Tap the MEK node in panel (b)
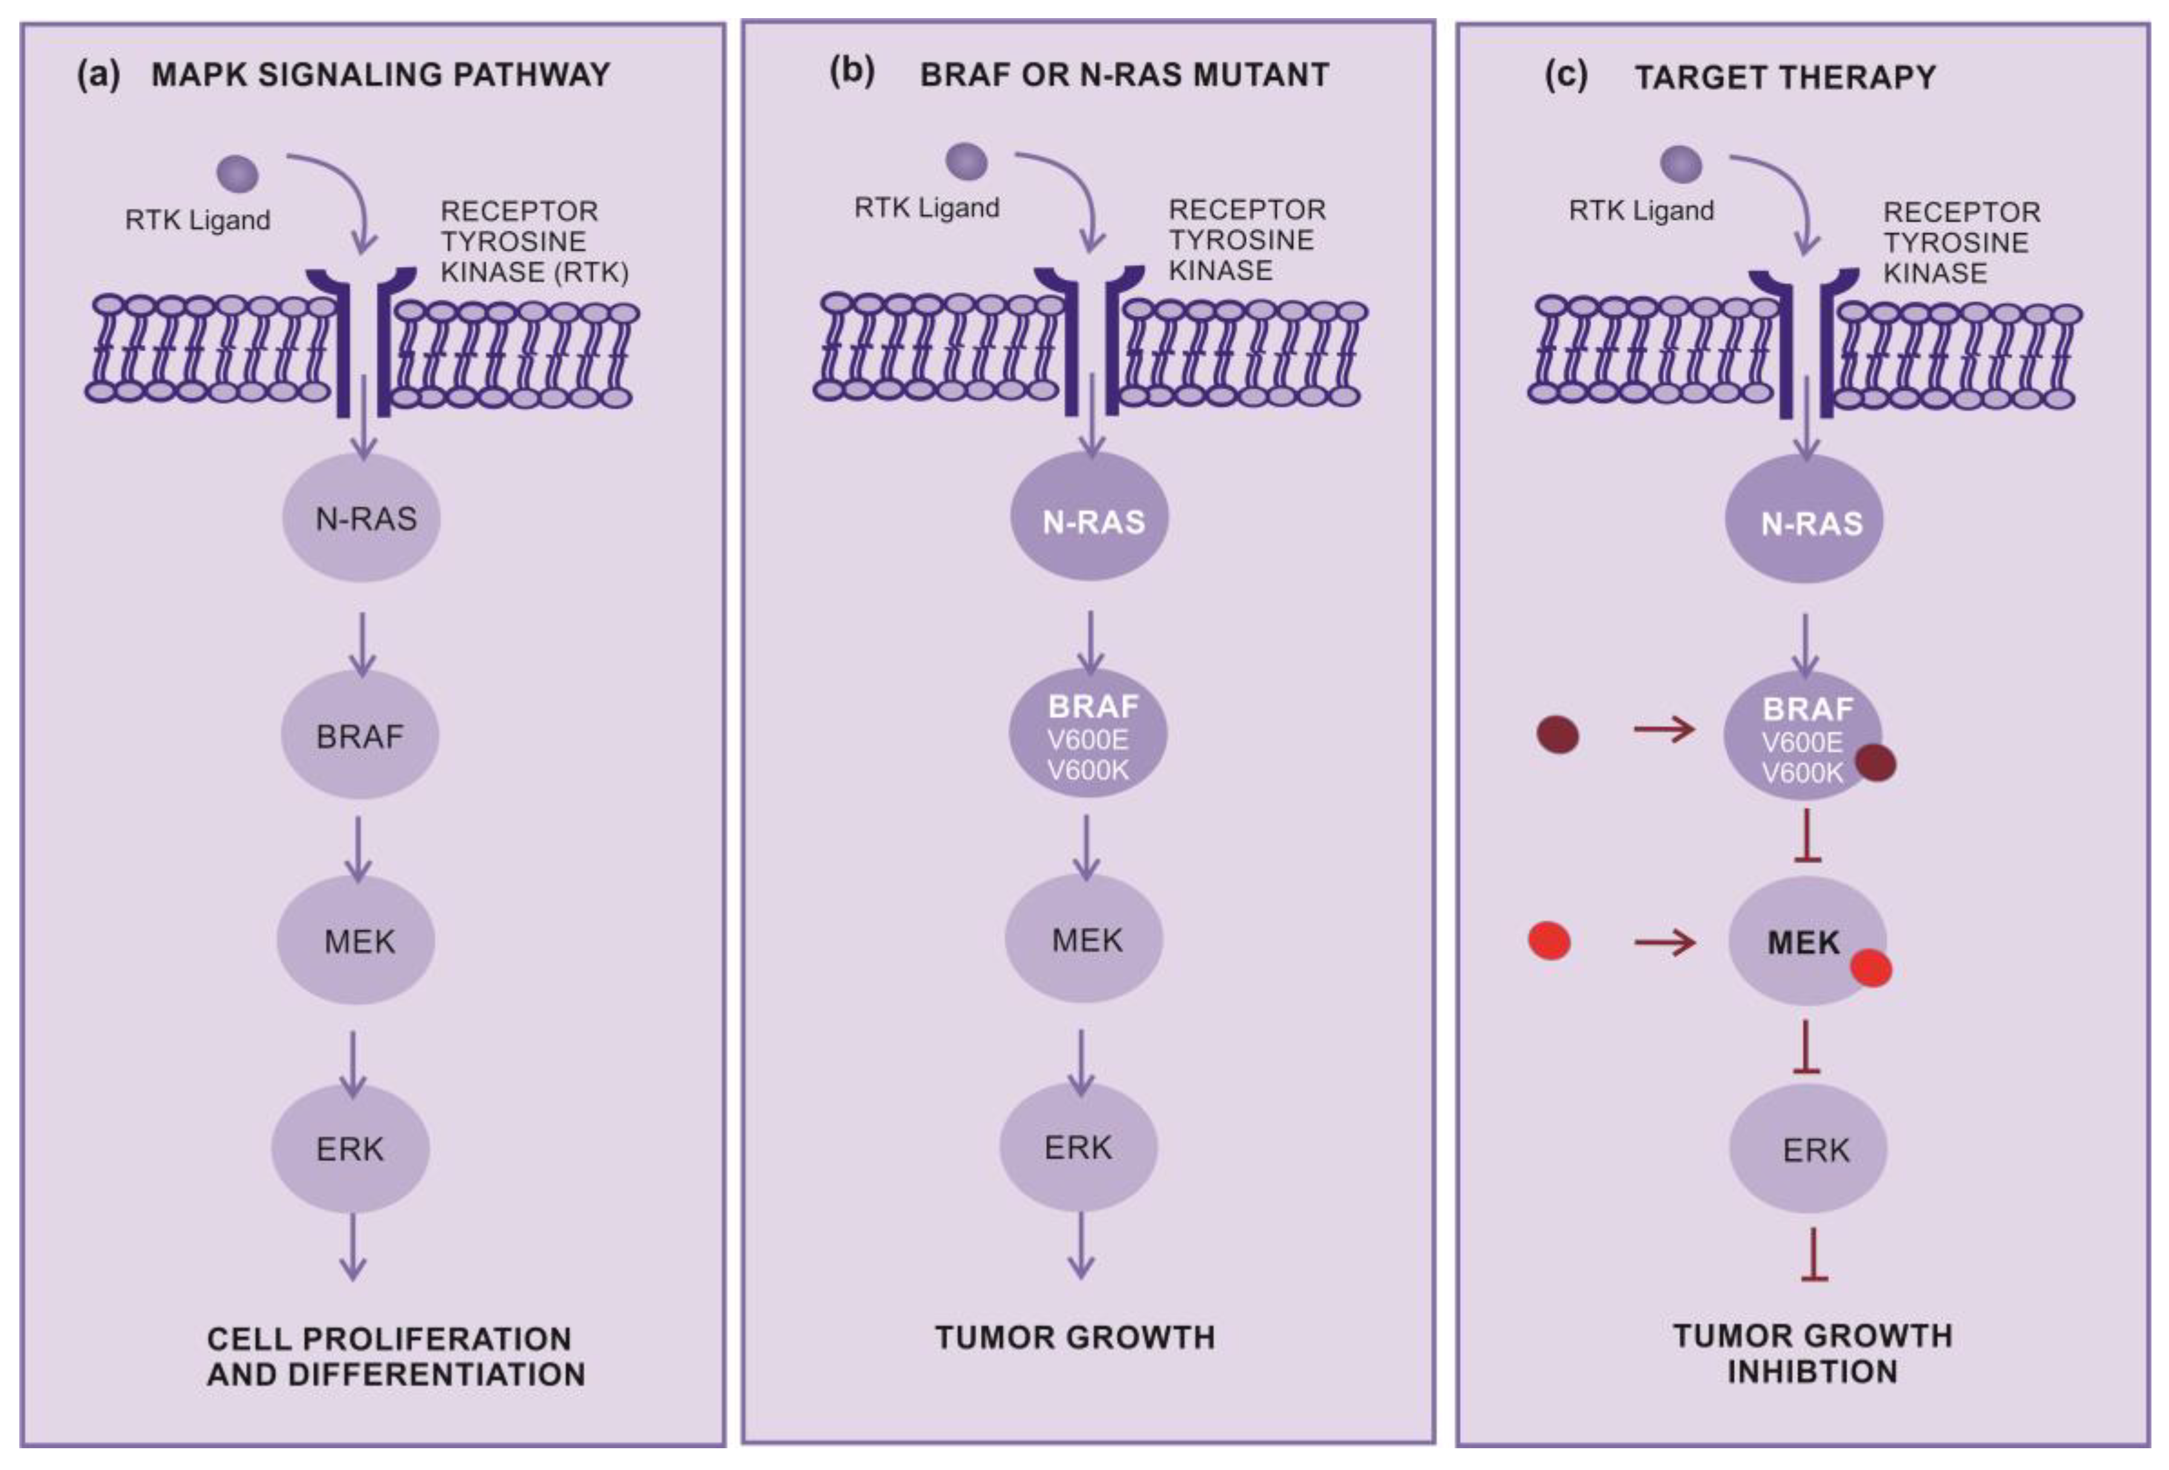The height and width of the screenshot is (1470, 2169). (x=1085, y=939)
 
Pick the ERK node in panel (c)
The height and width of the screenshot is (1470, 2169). (x=1808, y=1149)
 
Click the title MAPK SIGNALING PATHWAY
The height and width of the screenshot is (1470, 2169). (x=381, y=74)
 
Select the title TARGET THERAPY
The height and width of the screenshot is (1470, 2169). (x=1784, y=77)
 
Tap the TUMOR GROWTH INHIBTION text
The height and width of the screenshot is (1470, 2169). (x=1812, y=1353)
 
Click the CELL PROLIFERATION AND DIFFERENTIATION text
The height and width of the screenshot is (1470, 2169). (x=395, y=1356)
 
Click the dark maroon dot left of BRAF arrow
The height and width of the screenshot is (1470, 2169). (x=1558, y=735)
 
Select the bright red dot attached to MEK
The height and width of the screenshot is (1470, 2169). (x=1870, y=969)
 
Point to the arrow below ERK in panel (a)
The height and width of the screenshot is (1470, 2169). (x=352, y=1246)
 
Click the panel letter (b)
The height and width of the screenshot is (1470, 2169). (x=852, y=72)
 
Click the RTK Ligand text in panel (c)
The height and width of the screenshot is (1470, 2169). (x=1641, y=211)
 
